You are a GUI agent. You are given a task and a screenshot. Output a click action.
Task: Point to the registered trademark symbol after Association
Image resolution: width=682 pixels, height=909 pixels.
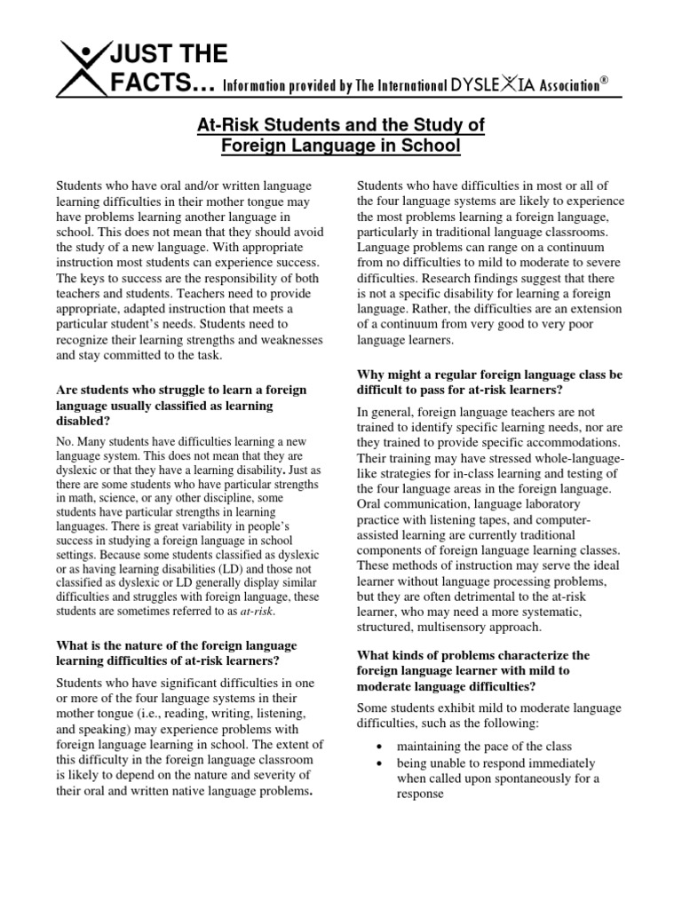click(x=605, y=80)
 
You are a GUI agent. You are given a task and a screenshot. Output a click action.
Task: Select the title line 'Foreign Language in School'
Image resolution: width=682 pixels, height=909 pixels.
click(x=340, y=146)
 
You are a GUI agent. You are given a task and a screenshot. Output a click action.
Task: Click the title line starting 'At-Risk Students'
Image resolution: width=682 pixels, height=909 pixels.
click(x=340, y=124)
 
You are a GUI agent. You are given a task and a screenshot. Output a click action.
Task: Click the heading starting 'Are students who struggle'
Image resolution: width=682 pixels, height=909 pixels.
click(x=180, y=389)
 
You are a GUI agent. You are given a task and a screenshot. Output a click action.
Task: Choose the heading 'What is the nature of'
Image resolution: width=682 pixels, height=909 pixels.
click(x=177, y=644)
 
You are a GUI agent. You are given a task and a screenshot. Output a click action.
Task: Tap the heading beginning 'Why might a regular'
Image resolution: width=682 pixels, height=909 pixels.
click(x=489, y=375)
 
